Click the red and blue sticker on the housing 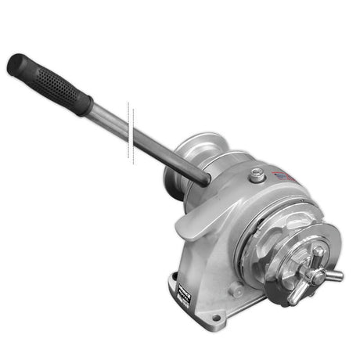(x=286, y=176)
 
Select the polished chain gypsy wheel (x=270, y=235)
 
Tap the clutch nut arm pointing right (x=332, y=275)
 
